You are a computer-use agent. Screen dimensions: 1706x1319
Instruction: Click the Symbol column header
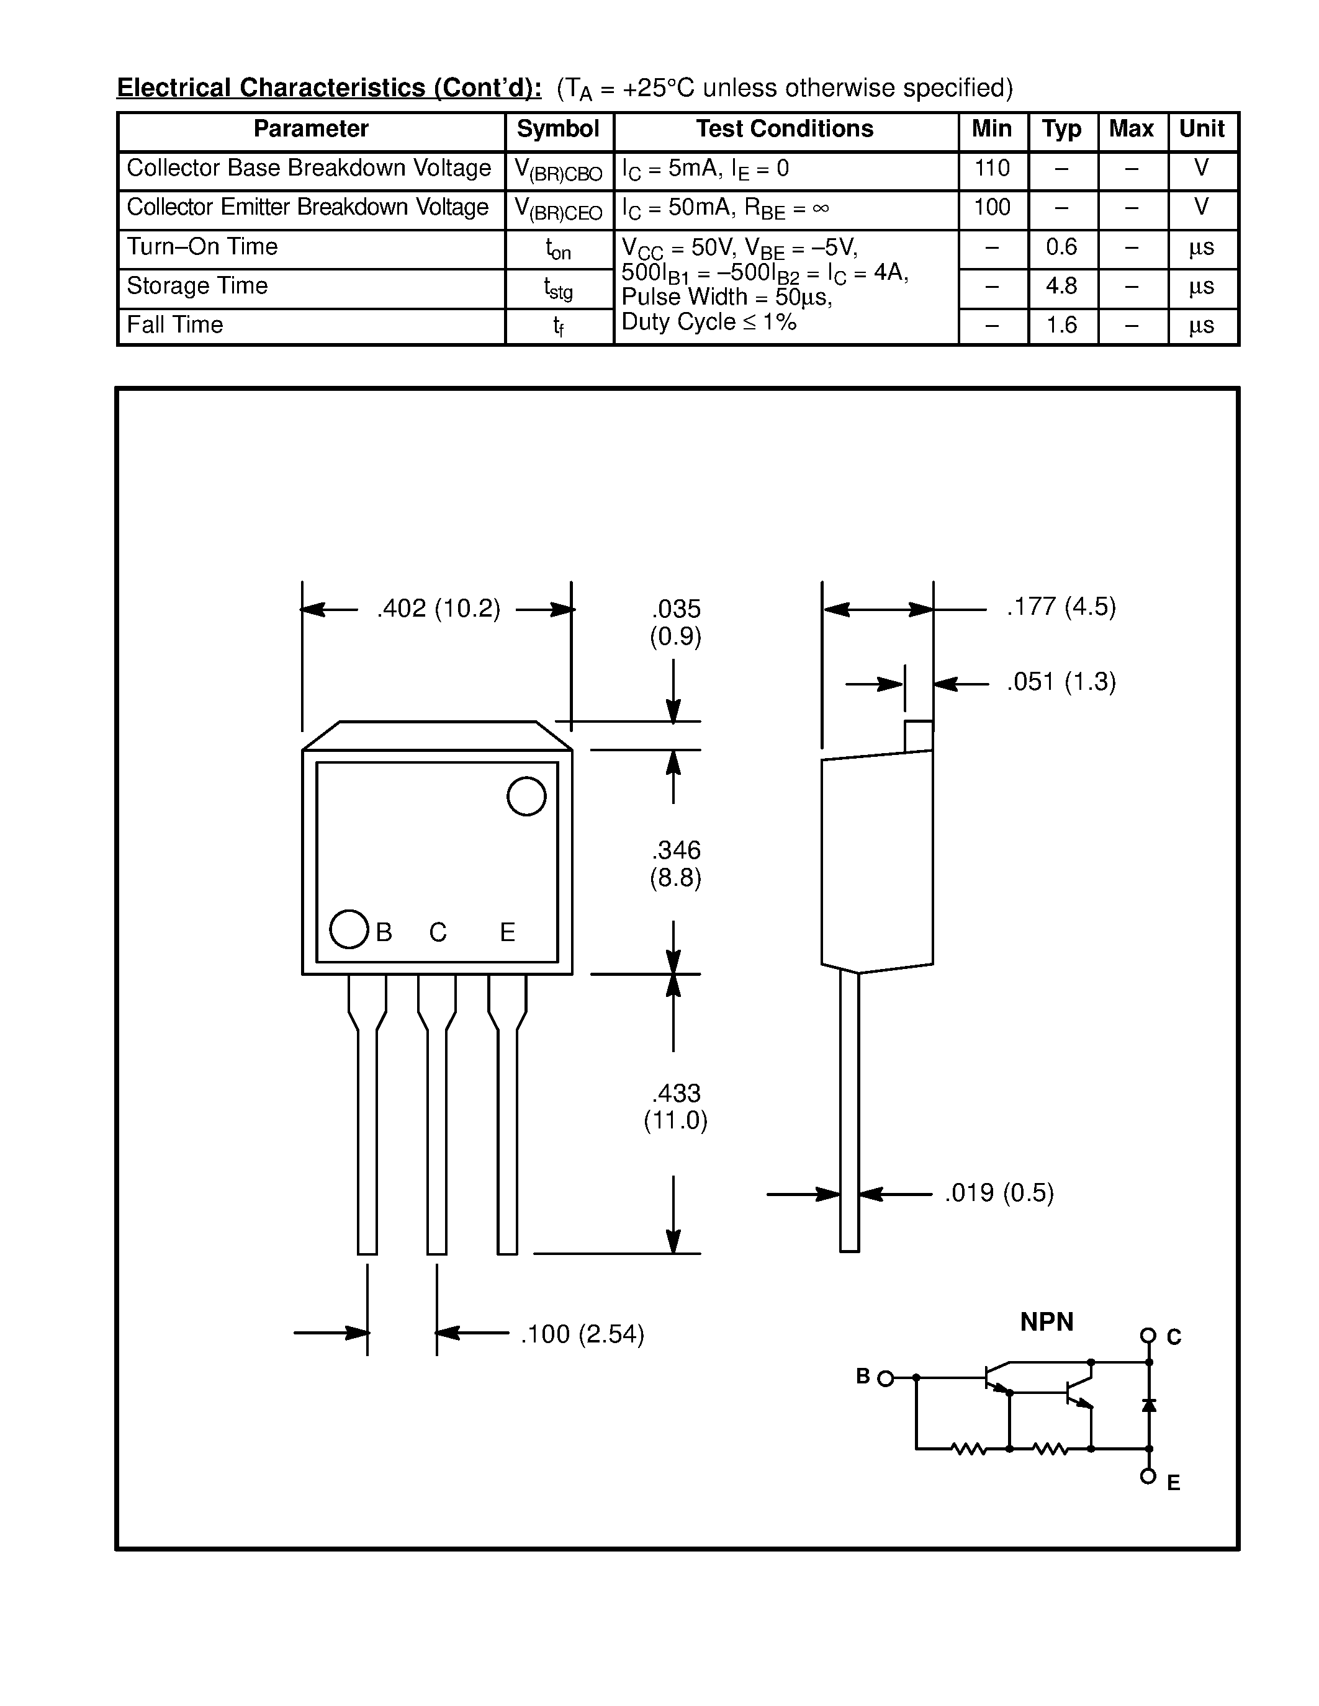tap(558, 129)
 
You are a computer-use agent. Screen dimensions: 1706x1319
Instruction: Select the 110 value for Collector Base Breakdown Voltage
tap(992, 168)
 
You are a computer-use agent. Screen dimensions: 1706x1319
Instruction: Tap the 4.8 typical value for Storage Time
tap(1061, 286)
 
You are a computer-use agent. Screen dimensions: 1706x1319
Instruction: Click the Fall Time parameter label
tap(175, 325)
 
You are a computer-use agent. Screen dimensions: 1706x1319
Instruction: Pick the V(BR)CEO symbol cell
tap(558, 209)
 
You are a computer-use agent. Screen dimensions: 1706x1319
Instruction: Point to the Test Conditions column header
tap(785, 129)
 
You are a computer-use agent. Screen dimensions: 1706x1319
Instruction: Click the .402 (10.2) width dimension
tap(438, 609)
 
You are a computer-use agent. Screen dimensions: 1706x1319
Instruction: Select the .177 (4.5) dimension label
tap(1061, 607)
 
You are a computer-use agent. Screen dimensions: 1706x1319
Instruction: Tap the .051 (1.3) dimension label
tap(1061, 682)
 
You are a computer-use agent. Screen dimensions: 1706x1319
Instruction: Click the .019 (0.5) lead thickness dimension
tap(999, 1193)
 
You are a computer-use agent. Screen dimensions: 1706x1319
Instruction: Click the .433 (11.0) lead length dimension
tap(675, 1106)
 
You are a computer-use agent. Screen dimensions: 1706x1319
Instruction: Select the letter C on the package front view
tap(438, 932)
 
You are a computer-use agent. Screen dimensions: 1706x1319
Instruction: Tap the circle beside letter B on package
tap(348, 929)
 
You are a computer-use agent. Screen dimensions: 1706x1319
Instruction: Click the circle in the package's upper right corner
tap(526, 796)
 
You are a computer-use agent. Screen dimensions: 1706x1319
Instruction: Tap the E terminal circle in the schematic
tap(1148, 1476)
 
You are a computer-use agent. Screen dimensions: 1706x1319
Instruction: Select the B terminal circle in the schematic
tap(885, 1378)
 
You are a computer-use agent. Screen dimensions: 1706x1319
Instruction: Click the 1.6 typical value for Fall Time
tap(1061, 325)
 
